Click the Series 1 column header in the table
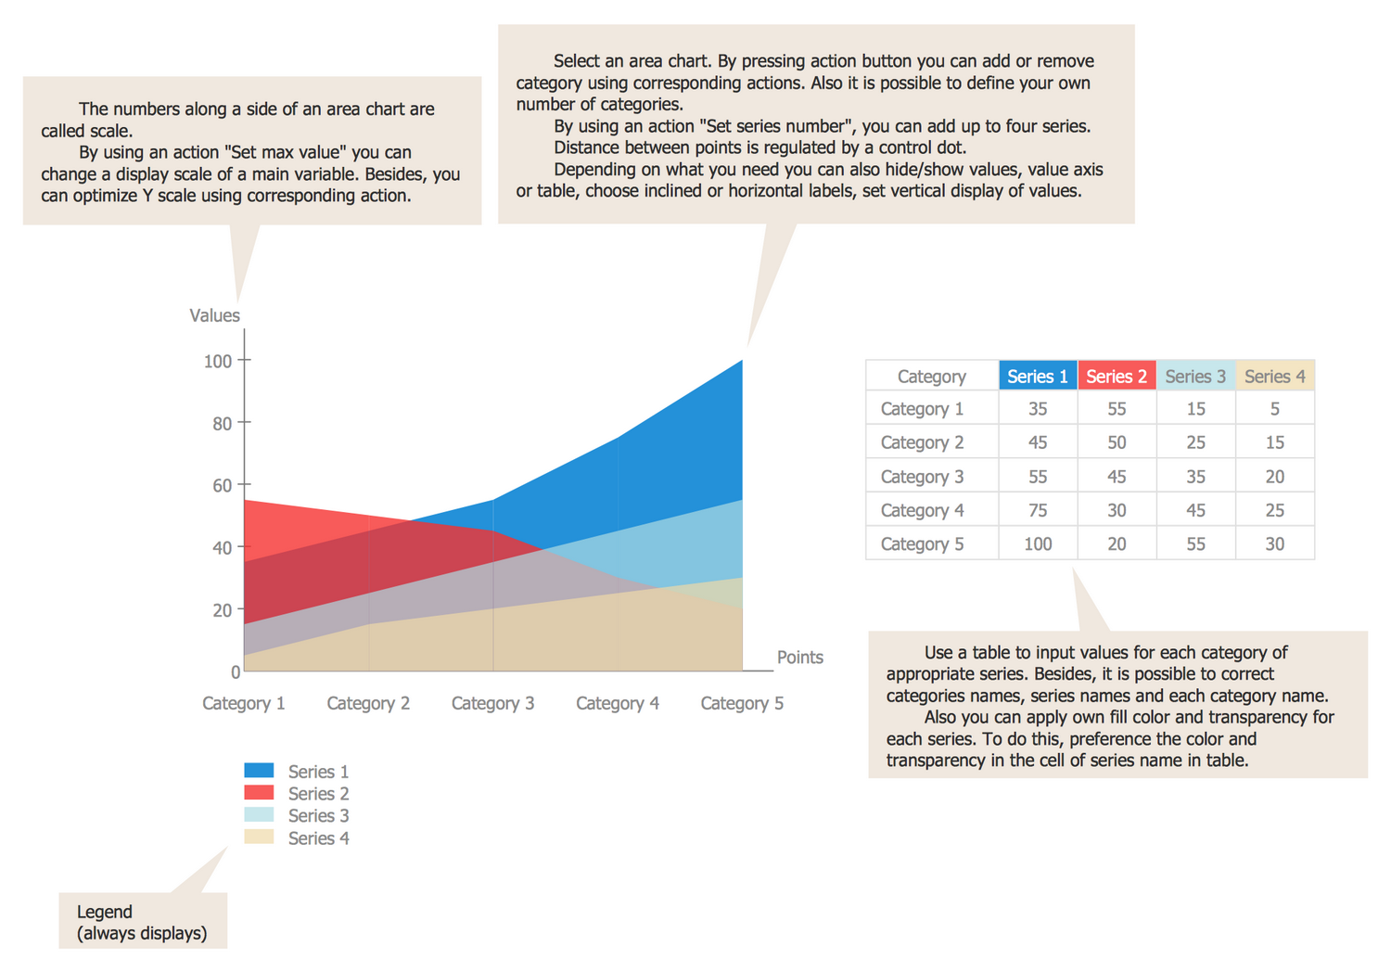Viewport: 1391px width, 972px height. pos(1037,376)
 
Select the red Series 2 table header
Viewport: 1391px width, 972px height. pos(1117,376)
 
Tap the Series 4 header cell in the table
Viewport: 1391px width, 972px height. pos(1274,376)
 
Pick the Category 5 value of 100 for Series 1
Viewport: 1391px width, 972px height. pos(1037,544)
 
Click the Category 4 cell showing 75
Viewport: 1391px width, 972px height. pos(1037,510)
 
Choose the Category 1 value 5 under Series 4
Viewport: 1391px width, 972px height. pos(1274,409)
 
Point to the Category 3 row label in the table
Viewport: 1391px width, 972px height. pos(922,477)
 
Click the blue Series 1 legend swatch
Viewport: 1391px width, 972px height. pos(259,770)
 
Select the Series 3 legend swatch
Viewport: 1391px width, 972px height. pos(259,814)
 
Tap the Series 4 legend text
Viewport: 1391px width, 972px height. pos(318,838)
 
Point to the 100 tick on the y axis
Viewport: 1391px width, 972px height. pos(218,361)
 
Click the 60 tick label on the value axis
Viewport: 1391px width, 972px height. pos(222,485)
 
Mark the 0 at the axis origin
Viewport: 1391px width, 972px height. pos(236,671)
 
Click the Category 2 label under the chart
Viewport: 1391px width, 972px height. pos(368,703)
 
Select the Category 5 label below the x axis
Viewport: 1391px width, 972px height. pos(742,703)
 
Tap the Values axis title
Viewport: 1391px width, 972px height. pos(214,315)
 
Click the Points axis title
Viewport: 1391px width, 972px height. pos(799,657)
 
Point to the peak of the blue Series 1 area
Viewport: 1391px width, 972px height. pos(741,362)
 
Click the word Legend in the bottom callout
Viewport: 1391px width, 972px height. pos(105,912)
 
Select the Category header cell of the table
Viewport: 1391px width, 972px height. pos(931,376)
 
